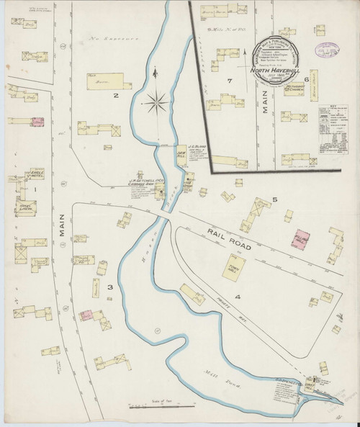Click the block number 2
[114, 94]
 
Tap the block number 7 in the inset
[228, 81]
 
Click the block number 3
[110, 287]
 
